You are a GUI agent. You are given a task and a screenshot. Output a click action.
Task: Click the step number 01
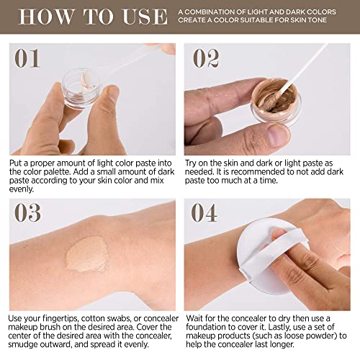pyautogui.click(x=27, y=58)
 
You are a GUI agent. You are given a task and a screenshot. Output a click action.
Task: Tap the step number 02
pyautogui.click(x=206, y=58)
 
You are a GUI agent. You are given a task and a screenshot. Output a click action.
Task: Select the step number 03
pyautogui.click(x=27, y=212)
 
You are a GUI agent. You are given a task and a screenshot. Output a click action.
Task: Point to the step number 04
pyautogui.click(x=204, y=212)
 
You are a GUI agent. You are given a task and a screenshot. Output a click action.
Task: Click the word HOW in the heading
pyautogui.click(x=46, y=17)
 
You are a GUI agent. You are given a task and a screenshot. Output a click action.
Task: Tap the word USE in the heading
pyautogui.click(x=145, y=17)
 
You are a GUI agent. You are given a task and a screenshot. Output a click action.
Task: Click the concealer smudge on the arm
pyautogui.click(x=86, y=254)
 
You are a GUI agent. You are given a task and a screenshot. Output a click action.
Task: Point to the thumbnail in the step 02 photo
pyautogui.click(x=279, y=135)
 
